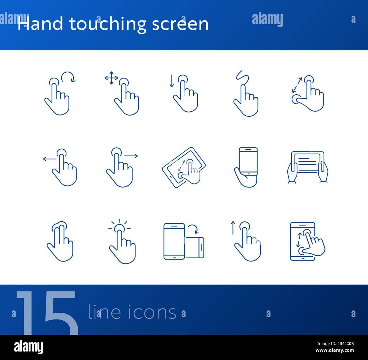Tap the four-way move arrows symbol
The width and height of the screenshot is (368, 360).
pos(111,78)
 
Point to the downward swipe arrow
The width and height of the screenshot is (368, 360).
pos(171,81)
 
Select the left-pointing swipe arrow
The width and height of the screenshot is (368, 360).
pos(49,159)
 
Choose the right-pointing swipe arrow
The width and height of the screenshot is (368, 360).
pos(131,155)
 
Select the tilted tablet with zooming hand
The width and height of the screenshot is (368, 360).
pos(184,168)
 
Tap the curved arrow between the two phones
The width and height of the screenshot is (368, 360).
pos(194,229)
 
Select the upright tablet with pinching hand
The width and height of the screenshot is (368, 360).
pos(303,241)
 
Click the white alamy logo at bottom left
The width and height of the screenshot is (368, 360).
pos(28,347)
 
